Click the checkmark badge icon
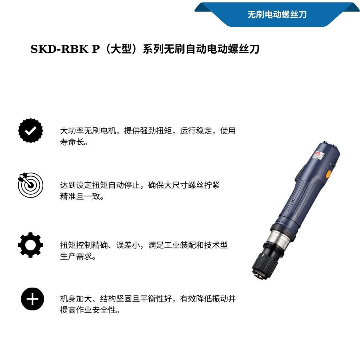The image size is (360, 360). tap(30, 130)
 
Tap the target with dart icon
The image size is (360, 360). tap(30, 185)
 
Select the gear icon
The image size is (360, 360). tap(30, 245)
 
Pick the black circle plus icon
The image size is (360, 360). tap(32, 299)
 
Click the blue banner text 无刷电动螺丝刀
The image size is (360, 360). tap(277, 15)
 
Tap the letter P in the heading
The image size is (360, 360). tap(96, 49)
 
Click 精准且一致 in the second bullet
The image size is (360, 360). tap(80, 196)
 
